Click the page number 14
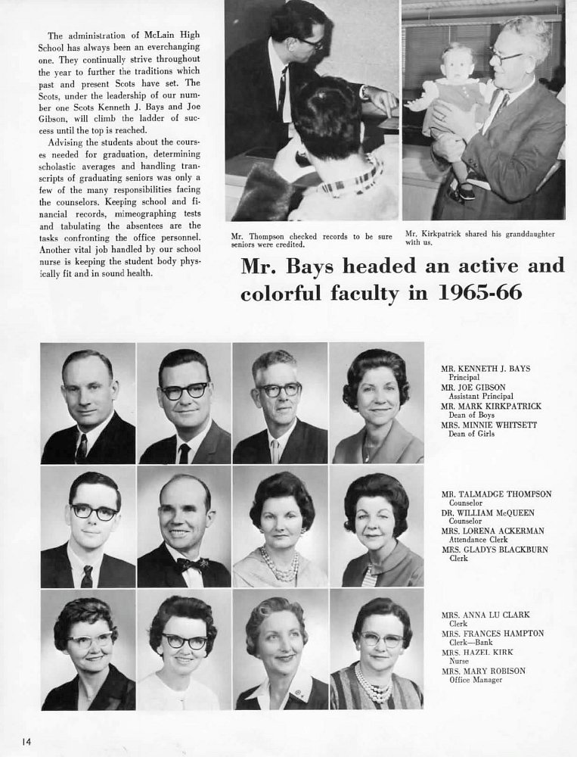tap(26, 740)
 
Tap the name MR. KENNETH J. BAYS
tap(485, 369)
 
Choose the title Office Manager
tap(475, 680)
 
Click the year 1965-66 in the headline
tap(480, 292)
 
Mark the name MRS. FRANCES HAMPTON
tap(492, 633)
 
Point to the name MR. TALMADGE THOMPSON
tap(496, 494)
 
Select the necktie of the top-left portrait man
tap(81, 448)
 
